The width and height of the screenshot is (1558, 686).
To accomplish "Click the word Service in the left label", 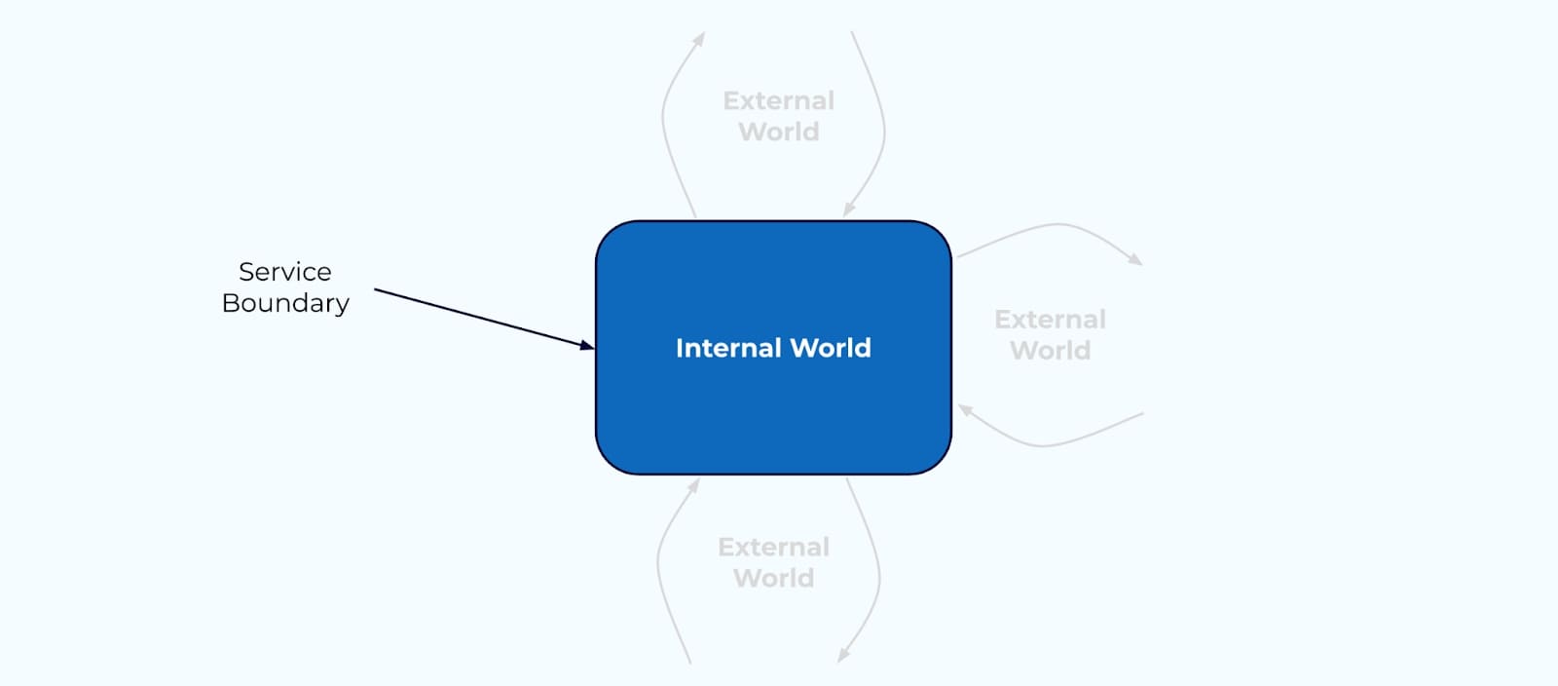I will (x=284, y=272).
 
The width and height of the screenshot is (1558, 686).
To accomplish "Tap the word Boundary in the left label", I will (x=285, y=303).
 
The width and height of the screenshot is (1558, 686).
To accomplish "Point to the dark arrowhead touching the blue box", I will (x=587, y=344).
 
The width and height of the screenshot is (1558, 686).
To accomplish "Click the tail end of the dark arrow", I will (x=377, y=289).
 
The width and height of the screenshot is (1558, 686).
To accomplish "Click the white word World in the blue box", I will (x=831, y=348).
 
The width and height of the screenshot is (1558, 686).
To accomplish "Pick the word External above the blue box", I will (x=778, y=100).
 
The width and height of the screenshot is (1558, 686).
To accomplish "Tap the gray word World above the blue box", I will (x=778, y=132).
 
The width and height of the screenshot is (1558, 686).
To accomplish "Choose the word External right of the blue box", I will (x=1050, y=320).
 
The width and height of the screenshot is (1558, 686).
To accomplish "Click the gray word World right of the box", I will (x=1050, y=351).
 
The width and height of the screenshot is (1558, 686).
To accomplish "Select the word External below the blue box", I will (x=773, y=547).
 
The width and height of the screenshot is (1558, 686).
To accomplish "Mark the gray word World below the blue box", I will (x=773, y=578).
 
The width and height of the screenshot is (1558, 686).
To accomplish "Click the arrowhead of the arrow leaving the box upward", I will (x=700, y=38).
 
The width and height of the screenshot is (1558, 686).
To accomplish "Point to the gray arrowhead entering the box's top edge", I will (x=848, y=210).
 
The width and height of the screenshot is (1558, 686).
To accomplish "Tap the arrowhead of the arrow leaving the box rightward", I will (x=1135, y=259).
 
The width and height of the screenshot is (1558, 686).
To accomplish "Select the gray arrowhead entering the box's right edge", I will (x=964, y=410).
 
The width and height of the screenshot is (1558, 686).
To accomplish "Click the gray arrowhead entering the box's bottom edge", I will (x=694, y=484).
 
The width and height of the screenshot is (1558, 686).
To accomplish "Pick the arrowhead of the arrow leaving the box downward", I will (x=842, y=657).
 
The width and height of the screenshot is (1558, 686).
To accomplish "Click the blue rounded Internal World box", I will (x=773, y=409).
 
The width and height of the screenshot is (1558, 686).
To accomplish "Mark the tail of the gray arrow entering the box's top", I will (x=852, y=33).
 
